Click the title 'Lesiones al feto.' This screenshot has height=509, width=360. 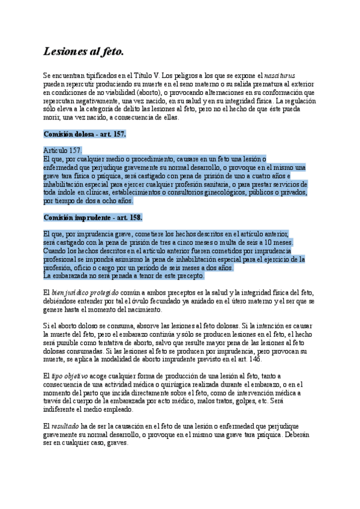[x=83, y=52]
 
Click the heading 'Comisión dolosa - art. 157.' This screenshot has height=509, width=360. [x=84, y=134]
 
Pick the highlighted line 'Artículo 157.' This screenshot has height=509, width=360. [x=63, y=150]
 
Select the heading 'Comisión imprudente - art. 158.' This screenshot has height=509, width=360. [x=92, y=217]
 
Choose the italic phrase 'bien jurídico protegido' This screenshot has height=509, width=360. [x=85, y=291]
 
